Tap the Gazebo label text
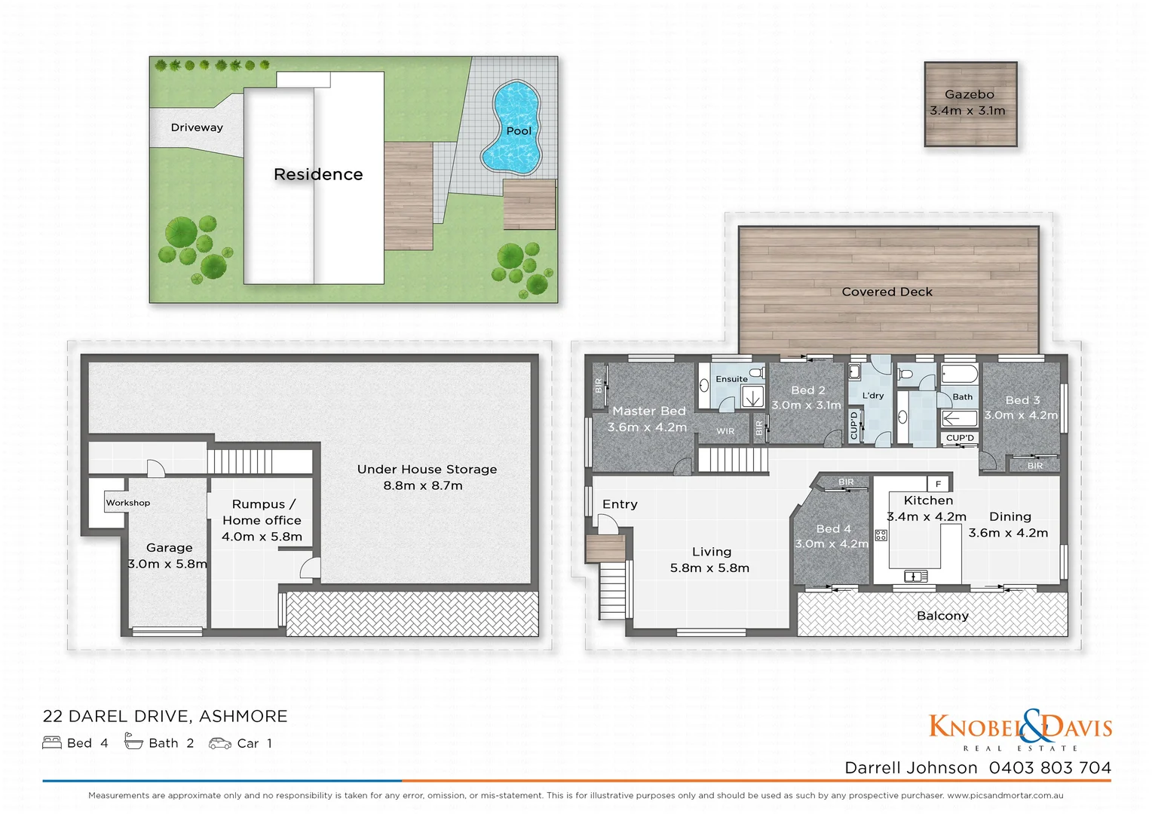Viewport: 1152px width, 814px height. click(969, 95)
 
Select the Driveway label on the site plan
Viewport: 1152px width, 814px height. click(197, 127)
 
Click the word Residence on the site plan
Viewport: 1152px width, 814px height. click(318, 174)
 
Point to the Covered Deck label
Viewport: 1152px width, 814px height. click(887, 292)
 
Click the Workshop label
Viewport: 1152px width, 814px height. click(127, 503)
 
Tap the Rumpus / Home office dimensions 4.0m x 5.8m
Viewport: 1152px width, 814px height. click(262, 537)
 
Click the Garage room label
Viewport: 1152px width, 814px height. click(169, 548)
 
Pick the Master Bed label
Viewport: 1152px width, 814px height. click(648, 411)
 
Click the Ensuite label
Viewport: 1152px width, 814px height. click(731, 379)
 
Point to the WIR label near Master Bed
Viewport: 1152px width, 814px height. click(725, 431)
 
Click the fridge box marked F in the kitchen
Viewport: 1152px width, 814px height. click(938, 484)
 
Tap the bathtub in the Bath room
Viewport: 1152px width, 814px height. click(959, 375)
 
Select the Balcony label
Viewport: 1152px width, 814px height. click(942, 616)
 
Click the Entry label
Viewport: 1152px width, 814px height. click(620, 504)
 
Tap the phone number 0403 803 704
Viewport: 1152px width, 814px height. click(1049, 767)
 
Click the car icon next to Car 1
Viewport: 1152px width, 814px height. click(219, 743)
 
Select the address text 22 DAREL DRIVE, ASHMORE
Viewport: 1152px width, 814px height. click(165, 716)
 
